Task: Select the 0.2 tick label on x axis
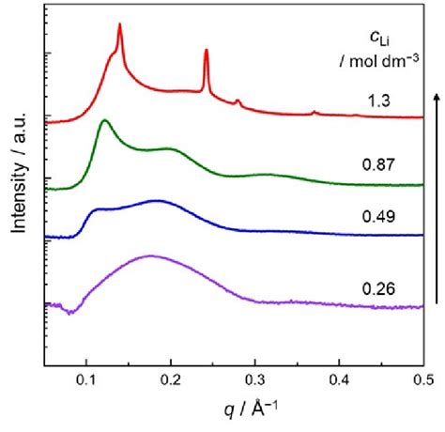tap(171, 381)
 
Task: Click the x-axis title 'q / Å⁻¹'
tap(236, 413)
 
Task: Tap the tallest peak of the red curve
tap(119, 25)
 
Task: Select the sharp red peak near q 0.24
tap(206, 52)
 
